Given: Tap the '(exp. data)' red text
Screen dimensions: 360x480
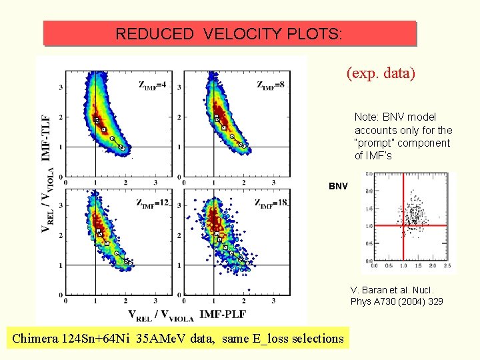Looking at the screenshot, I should point(381,73).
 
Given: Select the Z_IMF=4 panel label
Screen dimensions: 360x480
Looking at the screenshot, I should point(152,85).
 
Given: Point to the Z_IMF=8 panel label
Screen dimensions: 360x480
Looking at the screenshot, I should point(271,85).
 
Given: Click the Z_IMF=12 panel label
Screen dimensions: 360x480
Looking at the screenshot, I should point(153,203).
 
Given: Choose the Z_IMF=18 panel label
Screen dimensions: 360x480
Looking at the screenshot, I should point(271,203).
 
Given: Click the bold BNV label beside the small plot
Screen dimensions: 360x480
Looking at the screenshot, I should point(337,186).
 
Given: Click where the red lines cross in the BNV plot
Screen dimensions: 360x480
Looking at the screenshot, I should point(403,225).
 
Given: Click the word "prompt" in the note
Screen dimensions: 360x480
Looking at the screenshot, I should point(375,143).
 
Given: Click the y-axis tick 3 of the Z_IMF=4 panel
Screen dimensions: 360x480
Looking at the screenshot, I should point(60,87).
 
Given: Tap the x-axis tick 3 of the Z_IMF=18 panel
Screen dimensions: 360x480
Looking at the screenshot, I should point(274,302).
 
